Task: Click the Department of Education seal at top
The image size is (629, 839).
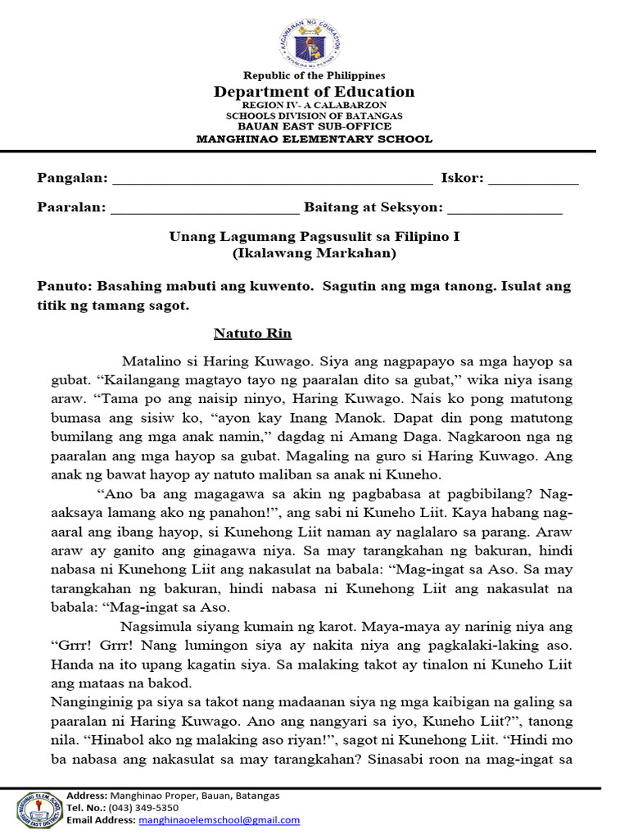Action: pyautogui.click(x=314, y=41)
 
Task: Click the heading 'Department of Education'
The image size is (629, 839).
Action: pyautogui.click(x=314, y=92)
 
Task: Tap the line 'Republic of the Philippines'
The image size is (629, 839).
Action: pyautogui.click(x=314, y=75)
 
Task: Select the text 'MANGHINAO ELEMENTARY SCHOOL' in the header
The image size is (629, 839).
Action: pyautogui.click(x=314, y=138)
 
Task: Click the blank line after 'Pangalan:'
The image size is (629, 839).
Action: pyautogui.click(x=272, y=179)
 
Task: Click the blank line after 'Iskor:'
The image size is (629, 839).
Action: pyautogui.click(x=533, y=179)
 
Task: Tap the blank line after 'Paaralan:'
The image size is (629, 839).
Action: pyautogui.click(x=205, y=209)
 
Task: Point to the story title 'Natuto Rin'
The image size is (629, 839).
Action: pyautogui.click(x=252, y=333)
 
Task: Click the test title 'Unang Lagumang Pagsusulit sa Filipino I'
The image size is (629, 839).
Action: pyautogui.click(x=314, y=237)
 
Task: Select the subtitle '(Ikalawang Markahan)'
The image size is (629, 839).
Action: pyautogui.click(x=314, y=253)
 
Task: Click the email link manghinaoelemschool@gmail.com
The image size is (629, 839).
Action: pyautogui.click(x=219, y=819)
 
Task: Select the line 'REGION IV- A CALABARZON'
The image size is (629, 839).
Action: pyautogui.click(x=314, y=106)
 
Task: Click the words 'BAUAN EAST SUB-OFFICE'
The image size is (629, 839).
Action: pyautogui.click(x=314, y=127)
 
